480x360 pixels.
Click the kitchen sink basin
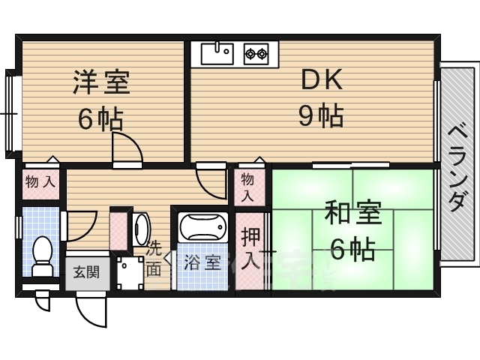point(217,53)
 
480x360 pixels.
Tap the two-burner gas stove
point(256,54)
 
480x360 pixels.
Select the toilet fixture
point(43,256)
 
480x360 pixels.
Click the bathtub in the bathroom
point(203,226)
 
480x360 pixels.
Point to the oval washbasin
point(141,229)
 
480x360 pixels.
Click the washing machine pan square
point(130,273)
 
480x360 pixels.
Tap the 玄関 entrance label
point(86,271)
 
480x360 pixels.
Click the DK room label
point(321,79)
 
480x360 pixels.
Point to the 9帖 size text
point(320,116)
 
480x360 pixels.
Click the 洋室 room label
point(101,82)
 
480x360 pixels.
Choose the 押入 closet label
point(250,249)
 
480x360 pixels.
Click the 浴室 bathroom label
point(202,262)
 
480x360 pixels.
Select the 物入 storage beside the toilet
point(40,181)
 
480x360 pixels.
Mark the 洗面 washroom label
point(154,259)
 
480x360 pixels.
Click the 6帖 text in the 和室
point(353,249)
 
